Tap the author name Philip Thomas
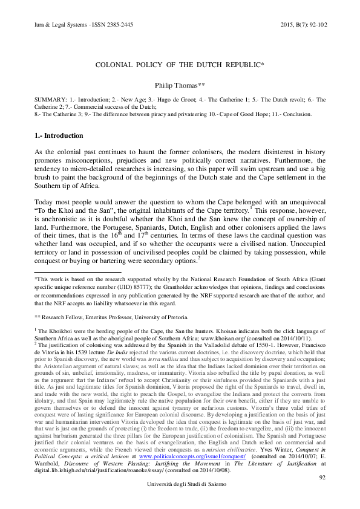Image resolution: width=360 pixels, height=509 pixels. (x=179, y=86)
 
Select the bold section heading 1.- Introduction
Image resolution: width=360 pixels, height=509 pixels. (x=59, y=135)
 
